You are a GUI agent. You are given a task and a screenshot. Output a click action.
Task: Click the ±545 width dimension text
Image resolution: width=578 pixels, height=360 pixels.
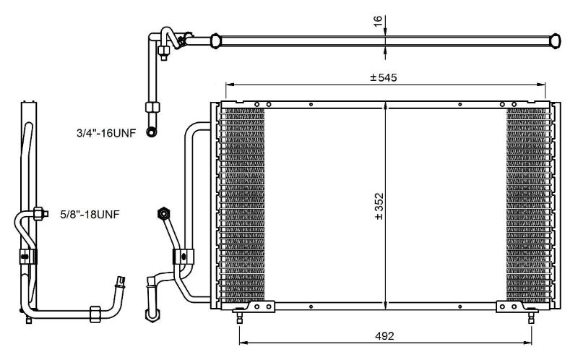384,77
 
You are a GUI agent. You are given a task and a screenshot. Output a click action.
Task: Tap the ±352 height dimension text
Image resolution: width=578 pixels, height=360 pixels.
379,206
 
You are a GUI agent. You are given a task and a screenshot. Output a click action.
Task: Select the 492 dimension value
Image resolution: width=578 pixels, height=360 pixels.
384,336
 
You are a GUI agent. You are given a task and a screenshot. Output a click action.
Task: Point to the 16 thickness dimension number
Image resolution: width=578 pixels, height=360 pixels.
378,21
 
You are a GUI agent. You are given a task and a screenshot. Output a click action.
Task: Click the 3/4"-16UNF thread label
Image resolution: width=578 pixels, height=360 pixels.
106,133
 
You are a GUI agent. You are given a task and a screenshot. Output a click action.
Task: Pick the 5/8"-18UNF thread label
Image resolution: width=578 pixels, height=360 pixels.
90,214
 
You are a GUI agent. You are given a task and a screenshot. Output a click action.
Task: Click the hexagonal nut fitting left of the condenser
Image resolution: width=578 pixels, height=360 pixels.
163,213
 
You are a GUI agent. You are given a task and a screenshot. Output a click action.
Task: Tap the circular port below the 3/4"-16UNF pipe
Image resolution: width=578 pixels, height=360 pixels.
151,132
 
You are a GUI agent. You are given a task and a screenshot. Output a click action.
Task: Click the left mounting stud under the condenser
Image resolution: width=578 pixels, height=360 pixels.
240,317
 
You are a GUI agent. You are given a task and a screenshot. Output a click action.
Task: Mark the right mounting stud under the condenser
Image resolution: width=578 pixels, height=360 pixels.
531,317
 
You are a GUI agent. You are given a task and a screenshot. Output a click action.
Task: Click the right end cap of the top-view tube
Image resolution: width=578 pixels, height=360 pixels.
555,40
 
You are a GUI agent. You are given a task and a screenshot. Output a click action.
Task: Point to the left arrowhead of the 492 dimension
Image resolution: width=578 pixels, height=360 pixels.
243,343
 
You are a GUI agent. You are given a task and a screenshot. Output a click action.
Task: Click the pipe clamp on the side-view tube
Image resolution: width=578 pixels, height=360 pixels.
28,256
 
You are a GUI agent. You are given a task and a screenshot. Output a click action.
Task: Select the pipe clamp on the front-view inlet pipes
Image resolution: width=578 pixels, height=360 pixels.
184,256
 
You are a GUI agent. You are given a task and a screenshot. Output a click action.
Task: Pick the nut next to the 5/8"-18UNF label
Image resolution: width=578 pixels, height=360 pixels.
39,213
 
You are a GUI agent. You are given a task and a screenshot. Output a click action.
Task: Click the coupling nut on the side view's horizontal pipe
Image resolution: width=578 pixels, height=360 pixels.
95,314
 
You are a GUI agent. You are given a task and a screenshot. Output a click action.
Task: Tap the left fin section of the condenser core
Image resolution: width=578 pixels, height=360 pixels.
242,205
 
